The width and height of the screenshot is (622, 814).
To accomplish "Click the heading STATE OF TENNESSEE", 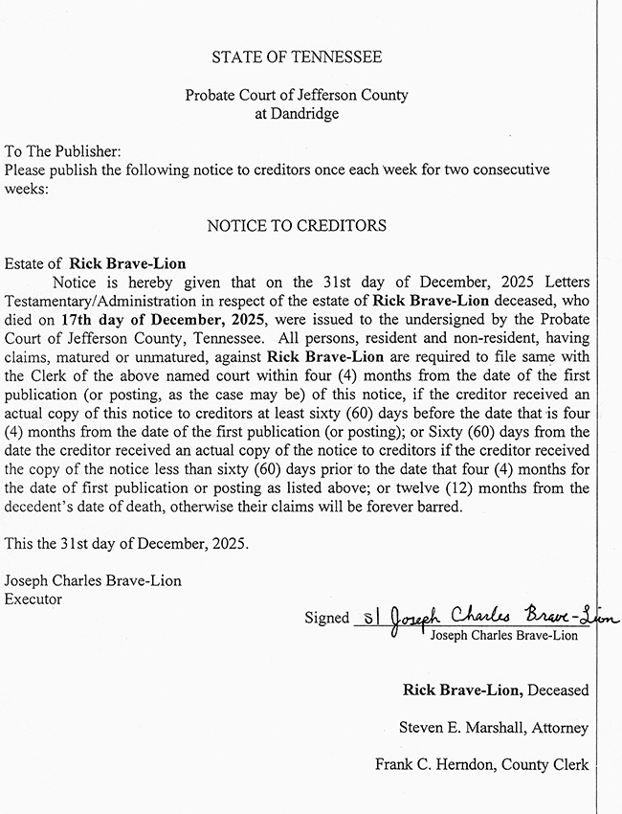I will pyautogui.click(x=297, y=57).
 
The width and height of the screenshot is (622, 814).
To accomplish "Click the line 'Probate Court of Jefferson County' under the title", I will pyautogui.click(x=297, y=96).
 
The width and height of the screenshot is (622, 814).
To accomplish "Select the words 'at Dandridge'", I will pyautogui.click(x=297, y=114).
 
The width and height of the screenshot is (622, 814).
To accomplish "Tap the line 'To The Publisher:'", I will pyautogui.click(x=63, y=151).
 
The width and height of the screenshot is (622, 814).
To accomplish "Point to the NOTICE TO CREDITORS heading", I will pyautogui.click(x=297, y=226).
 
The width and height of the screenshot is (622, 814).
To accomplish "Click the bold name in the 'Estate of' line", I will pyautogui.click(x=127, y=263).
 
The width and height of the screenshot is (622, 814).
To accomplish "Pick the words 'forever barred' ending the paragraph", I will pyautogui.click(x=418, y=507).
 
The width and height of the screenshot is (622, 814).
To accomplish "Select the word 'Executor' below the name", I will pyautogui.click(x=33, y=599).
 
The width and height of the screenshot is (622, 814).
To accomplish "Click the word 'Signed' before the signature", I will pyautogui.click(x=327, y=618).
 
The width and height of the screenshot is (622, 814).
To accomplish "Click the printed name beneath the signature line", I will pyautogui.click(x=504, y=635).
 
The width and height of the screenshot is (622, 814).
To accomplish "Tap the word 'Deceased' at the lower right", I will pyautogui.click(x=557, y=690).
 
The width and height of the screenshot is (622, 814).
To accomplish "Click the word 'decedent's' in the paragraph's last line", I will pyautogui.click(x=42, y=507).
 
